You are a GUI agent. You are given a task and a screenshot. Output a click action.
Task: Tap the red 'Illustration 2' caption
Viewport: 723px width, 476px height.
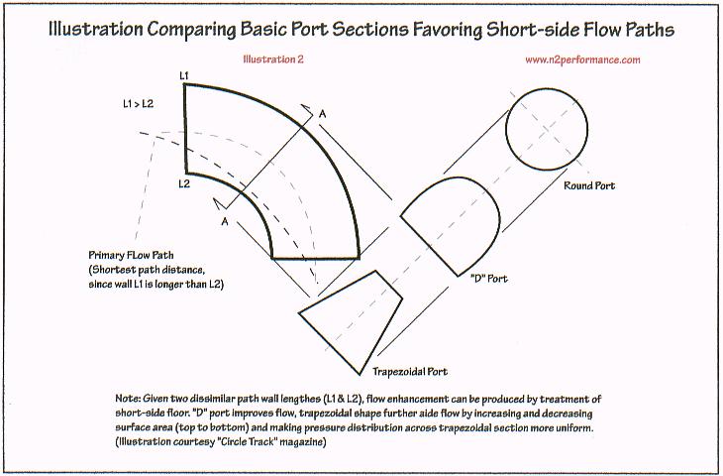(272, 59)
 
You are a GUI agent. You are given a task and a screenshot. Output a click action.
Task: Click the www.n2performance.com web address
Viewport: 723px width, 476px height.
(582, 59)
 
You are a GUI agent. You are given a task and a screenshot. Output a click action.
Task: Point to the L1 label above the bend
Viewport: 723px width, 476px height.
(184, 75)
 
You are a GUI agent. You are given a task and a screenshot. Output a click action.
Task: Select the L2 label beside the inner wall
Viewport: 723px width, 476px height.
(184, 183)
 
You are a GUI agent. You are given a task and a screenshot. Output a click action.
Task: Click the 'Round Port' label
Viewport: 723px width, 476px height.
(590, 185)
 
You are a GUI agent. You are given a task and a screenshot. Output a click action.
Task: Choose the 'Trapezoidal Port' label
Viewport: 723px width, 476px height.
(409, 374)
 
